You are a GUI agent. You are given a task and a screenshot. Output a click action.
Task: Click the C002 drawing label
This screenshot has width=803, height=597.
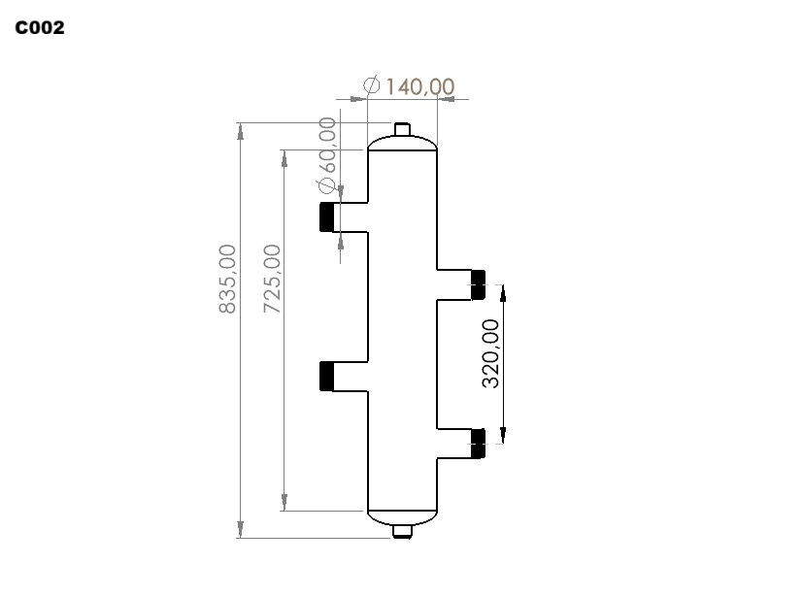tap(40, 28)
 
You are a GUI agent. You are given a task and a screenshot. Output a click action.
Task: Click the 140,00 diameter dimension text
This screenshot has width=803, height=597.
tap(419, 86)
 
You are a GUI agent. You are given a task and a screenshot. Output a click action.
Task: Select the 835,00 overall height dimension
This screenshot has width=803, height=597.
tap(227, 279)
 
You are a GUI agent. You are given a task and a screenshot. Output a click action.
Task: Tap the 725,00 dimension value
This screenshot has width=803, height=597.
tap(272, 279)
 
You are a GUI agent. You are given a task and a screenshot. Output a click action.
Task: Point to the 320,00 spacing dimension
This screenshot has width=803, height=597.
tap(491, 353)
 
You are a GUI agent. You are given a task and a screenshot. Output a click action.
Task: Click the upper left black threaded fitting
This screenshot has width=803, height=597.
tap(327, 216)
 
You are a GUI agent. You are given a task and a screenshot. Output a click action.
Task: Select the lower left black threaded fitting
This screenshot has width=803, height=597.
tap(327, 376)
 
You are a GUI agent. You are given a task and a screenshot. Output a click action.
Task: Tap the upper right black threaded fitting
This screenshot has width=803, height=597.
tap(478, 284)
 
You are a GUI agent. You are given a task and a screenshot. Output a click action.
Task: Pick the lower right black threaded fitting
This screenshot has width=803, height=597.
tap(478, 443)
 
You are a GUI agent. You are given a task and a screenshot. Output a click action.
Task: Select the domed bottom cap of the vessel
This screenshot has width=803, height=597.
tap(403, 516)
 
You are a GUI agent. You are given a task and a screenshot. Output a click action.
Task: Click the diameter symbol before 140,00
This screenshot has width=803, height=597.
tap(371, 85)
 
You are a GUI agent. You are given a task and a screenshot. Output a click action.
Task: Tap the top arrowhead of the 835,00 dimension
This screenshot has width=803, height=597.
tap(240, 131)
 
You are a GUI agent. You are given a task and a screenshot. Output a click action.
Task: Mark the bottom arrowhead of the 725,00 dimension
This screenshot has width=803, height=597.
tap(284, 502)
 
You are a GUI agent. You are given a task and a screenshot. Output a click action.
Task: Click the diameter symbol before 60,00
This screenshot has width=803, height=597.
tap(327, 185)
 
